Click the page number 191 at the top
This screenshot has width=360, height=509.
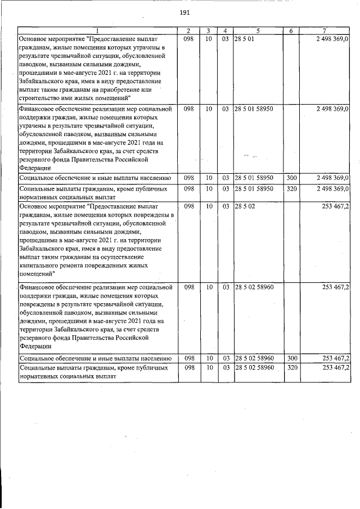[x=183, y=13]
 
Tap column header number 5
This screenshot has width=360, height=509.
[x=258, y=30]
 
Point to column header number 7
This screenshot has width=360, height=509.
[x=325, y=30]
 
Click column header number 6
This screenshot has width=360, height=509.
[x=291, y=30]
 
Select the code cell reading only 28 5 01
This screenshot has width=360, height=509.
[x=245, y=39]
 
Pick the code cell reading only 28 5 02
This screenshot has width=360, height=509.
[x=245, y=206]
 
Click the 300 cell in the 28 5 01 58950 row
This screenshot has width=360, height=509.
[x=291, y=178]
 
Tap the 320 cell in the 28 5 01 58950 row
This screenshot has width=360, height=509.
[x=291, y=188]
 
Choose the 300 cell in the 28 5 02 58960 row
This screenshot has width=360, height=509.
[x=291, y=358]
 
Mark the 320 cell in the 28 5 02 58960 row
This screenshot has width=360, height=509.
[x=291, y=367]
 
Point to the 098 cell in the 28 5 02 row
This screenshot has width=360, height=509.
[x=190, y=206]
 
